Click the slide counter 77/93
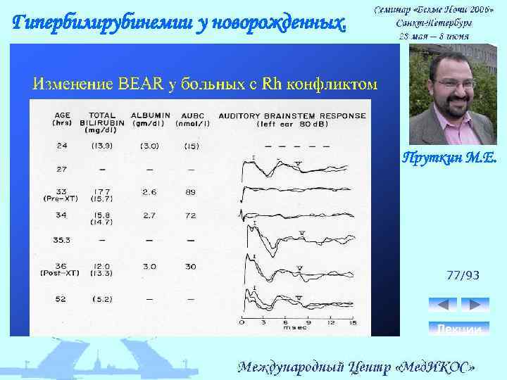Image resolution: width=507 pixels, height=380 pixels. click(x=463, y=275)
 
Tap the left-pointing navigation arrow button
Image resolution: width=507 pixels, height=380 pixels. click(x=442, y=305)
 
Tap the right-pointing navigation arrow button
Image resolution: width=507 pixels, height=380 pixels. click(x=475, y=305)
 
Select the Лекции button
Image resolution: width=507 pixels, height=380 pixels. click(x=458, y=328)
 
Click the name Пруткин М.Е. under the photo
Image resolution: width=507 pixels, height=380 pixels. click(x=449, y=160)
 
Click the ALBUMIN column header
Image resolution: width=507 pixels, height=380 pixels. click(x=148, y=115)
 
